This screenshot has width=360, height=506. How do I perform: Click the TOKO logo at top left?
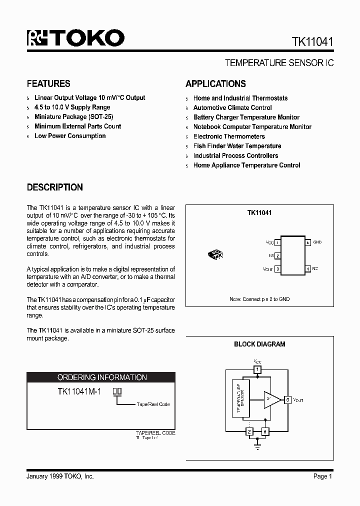tap(75, 38)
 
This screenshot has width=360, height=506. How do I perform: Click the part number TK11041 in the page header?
tap(309, 42)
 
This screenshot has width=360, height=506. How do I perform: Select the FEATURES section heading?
tap(48, 83)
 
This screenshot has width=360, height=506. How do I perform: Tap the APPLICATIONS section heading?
tap(215, 83)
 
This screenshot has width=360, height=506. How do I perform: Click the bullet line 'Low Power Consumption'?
tap(70, 136)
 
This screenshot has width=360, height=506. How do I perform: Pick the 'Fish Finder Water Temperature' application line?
tap(237, 146)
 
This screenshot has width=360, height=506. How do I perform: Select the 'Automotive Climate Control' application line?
tap(232, 107)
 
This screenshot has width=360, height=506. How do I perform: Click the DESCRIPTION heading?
tap(54, 187)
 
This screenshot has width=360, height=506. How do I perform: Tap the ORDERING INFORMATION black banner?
tap(101, 377)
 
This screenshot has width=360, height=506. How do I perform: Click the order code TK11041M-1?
tap(79, 392)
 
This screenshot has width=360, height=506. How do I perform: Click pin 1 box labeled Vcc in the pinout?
tap(277, 242)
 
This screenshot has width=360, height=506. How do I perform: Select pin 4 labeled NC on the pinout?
tap(308, 269)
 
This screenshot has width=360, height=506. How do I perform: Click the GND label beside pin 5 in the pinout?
tap(317, 242)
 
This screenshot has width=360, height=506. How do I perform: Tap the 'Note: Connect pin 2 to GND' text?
tap(259, 299)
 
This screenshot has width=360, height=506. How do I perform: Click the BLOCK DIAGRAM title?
tap(259, 344)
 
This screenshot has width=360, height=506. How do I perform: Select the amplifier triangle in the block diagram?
tap(271, 399)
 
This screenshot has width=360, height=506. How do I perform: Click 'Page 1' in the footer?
tap(322, 476)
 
